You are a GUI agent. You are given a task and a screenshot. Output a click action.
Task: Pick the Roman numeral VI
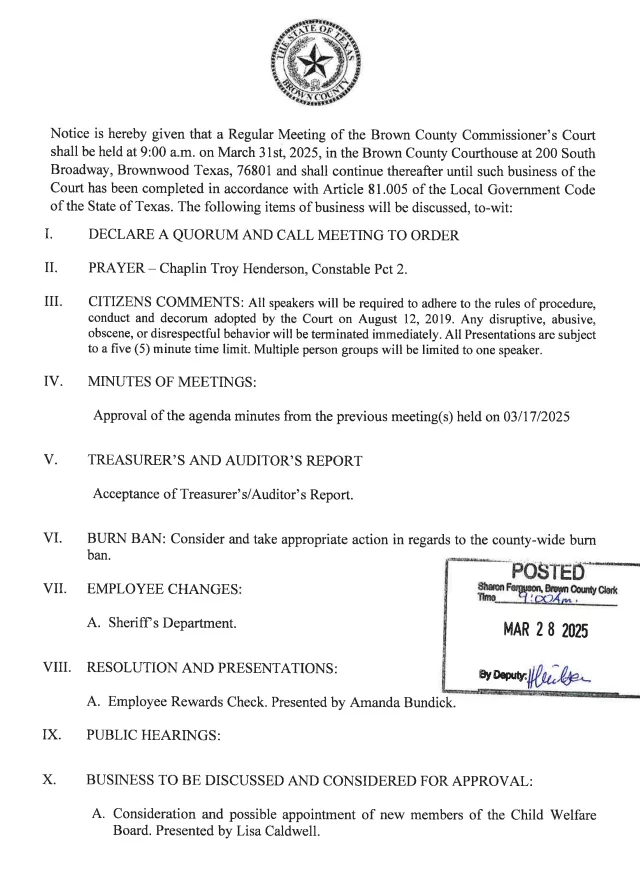(53, 538)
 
